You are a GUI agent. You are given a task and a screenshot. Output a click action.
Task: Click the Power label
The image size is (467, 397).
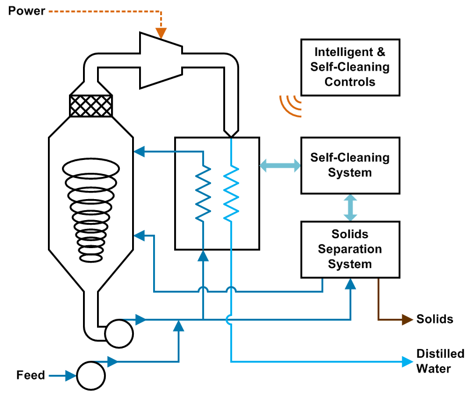coord(26,11)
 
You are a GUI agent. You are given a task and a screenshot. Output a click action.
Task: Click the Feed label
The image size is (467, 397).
coord(30,375)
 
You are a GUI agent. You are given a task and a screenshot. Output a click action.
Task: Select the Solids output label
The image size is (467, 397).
coord(435,319)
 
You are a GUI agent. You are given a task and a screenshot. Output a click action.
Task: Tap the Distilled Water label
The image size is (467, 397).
coord(440,361)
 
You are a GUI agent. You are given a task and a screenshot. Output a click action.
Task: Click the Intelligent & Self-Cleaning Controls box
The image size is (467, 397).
coord(350,67)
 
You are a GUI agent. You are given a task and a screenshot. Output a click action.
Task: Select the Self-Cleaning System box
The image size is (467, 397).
coord(350,165)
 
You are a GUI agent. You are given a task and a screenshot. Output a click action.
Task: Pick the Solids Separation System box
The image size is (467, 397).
coord(350,249)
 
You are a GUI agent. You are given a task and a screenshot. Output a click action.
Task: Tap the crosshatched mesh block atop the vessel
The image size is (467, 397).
coord(91,106)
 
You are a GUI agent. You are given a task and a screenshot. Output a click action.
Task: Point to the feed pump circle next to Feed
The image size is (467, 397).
coord(91,375)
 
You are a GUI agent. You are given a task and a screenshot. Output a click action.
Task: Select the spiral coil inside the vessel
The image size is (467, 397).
coord(91,210)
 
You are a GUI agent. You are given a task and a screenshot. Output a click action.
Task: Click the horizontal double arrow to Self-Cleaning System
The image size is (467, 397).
coord(280,166)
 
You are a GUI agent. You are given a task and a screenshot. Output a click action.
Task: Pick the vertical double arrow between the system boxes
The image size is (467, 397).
coord(350,207)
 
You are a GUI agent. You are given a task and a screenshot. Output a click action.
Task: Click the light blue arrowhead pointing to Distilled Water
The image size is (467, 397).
coord(407,362)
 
